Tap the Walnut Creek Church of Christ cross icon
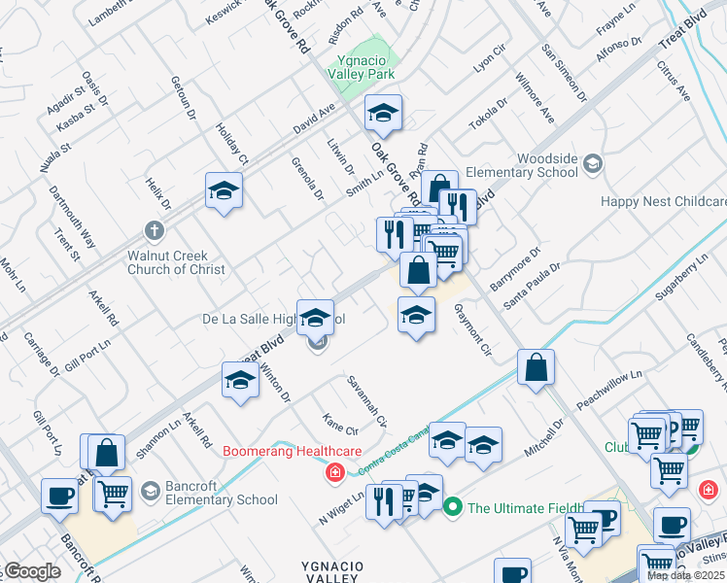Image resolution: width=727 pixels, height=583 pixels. (153, 230)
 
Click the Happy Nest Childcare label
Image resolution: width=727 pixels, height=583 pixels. (663, 202)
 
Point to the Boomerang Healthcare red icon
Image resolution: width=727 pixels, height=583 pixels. (334, 472)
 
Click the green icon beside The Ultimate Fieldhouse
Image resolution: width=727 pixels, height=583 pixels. (452, 507)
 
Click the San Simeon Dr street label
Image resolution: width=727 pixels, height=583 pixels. (565, 72)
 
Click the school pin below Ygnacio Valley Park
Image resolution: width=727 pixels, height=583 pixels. (383, 115)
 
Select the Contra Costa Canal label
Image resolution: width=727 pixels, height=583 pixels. (394, 459)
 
